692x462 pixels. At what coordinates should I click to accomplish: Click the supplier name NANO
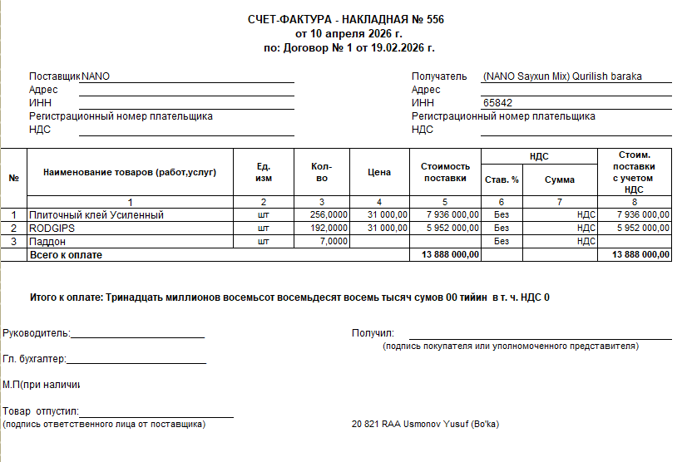tap(96, 76)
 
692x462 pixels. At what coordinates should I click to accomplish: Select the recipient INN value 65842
tap(497, 103)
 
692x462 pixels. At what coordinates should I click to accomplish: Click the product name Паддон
tap(49, 241)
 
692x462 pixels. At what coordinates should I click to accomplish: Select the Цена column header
tap(378, 173)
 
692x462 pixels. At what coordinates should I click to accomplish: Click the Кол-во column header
tap(322, 173)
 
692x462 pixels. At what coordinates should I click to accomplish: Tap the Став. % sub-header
tap(502, 179)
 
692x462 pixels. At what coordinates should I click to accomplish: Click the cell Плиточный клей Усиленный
tap(96, 215)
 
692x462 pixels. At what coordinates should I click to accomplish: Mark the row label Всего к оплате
tap(67, 255)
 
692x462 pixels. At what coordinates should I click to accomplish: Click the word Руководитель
tap(36, 334)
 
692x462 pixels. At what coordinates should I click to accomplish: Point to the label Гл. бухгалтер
tap(33, 360)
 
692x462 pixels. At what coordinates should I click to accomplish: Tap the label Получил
tap(372, 334)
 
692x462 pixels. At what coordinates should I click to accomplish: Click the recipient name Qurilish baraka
tap(606, 76)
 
